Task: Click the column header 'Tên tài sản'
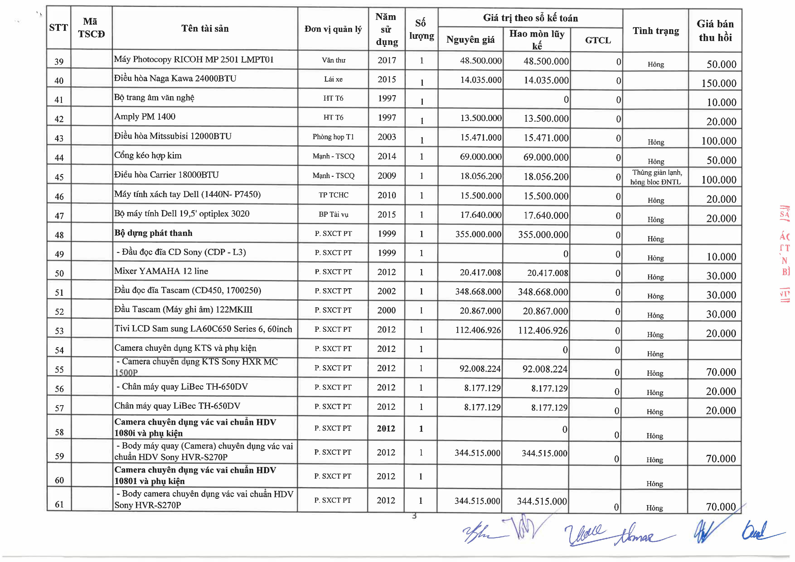205,28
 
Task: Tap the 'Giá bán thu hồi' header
715,31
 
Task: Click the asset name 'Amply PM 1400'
145,117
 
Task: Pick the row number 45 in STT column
59,177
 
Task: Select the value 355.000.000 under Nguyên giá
478,234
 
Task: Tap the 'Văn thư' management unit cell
333,60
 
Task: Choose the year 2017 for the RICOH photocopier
387,60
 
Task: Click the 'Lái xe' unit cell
333,79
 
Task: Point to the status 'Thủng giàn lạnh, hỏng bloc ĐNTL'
656,177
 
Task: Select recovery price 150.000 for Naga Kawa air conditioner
719,83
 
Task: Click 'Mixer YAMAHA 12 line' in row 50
161,271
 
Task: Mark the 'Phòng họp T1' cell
333,137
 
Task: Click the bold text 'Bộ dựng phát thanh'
153,233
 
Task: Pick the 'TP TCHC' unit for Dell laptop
333,195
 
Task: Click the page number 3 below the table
414,516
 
